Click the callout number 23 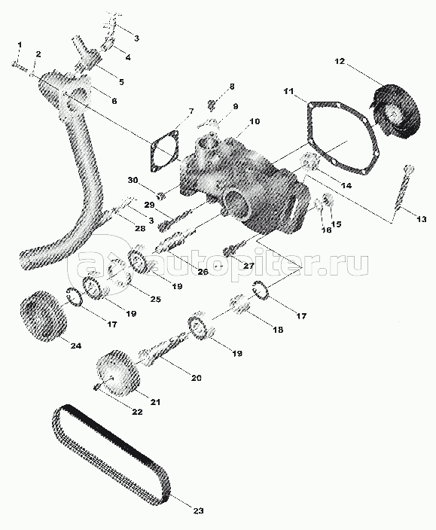tap(198, 510)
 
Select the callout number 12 tap(340, 61)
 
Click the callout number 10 tap(255, 120)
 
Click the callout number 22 tap(137, 412)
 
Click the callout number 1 tap(20, 45)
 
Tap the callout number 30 tap(133, 180)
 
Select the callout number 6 tap(114, 101)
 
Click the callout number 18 tap(278, 330)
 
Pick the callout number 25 tap(155, 299)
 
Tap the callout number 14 tap(346, 185)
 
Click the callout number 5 tap(121, 81)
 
